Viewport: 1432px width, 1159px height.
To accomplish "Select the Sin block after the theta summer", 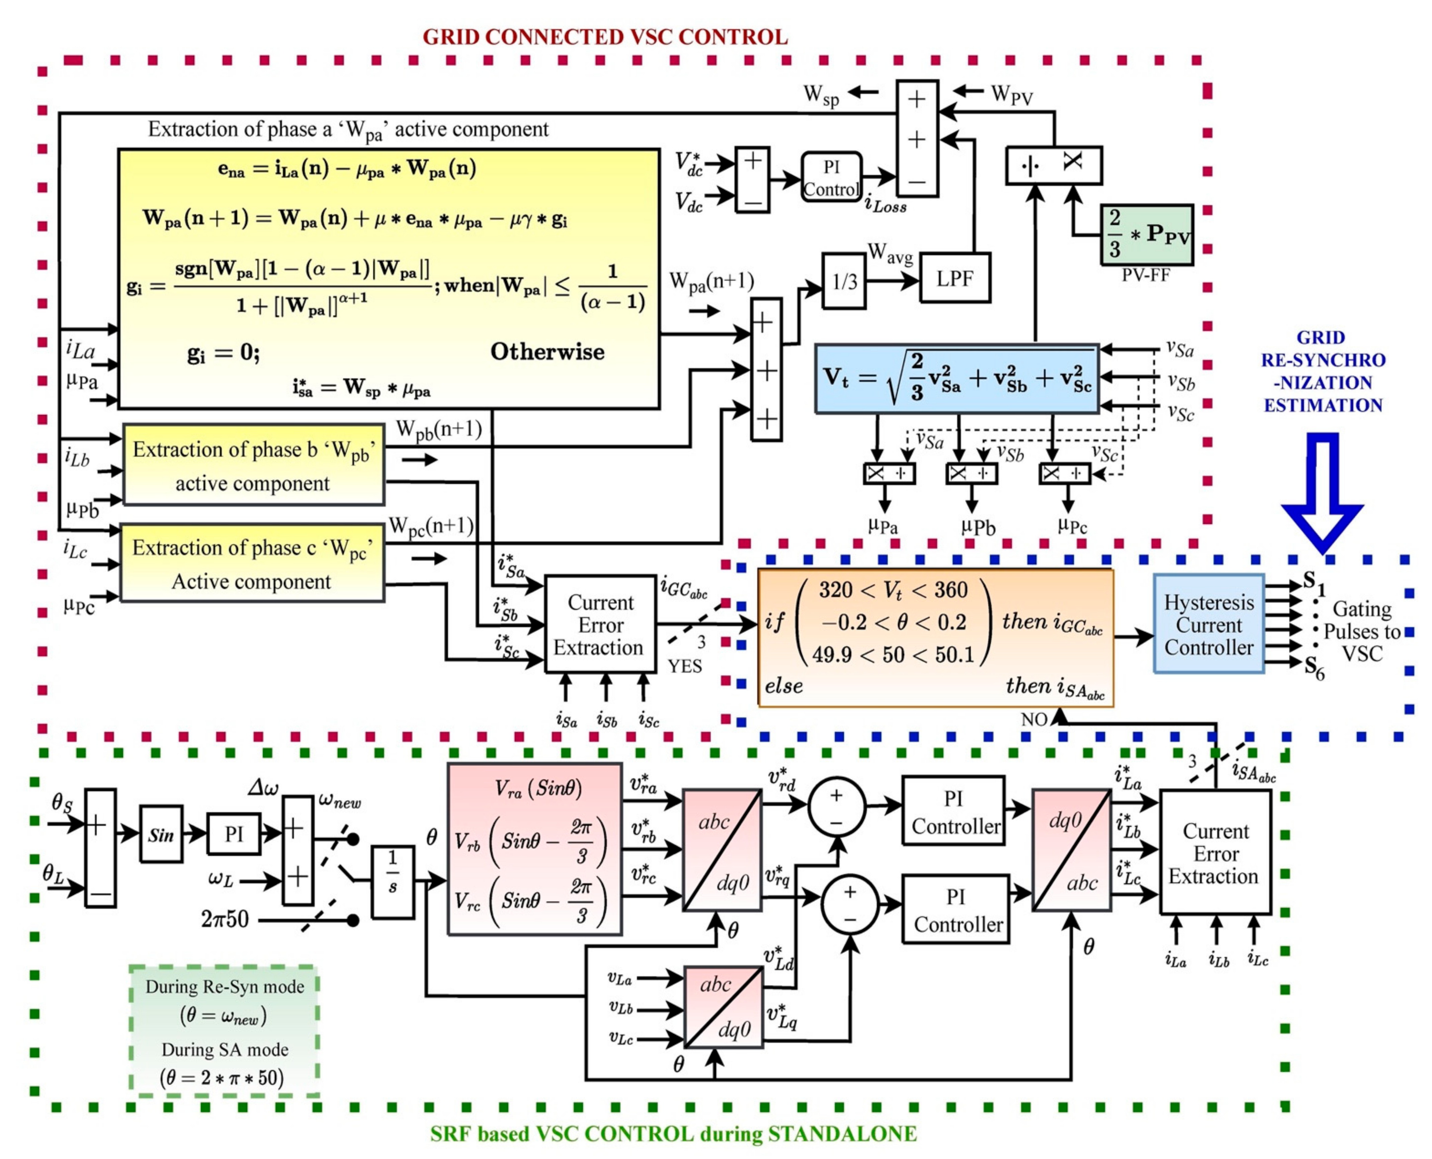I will pyautogui.click(x=161, y=834).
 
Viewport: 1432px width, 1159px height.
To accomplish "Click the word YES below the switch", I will pyautogui.click(x=685, y=666).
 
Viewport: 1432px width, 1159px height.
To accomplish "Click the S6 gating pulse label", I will pyautogui.click(x=1314, y=666).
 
